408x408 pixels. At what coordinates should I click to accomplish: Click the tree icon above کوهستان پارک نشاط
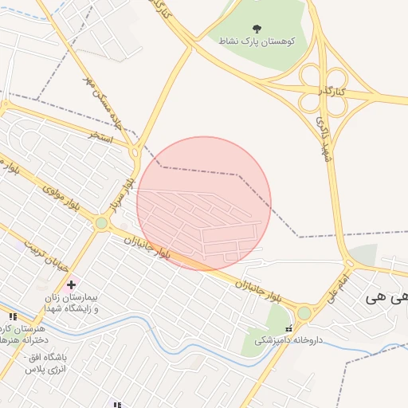pyautogui.click(x=256, y=28)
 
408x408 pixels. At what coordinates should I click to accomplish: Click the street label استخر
pyautogui.click(x=101, y=138)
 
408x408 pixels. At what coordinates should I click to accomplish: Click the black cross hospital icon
pyautogui.click(x=72, y=284)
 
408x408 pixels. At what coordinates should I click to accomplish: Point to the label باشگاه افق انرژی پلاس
pyautogui.click(x=48, y=363)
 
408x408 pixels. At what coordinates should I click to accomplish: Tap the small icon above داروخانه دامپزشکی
pyautogui.click(x=289, y=328)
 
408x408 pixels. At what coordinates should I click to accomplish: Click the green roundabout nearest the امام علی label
pyautogui.click(x=304, y=313)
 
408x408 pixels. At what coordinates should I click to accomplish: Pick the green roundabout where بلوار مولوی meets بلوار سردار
pyautogui.click(x=101, y=223)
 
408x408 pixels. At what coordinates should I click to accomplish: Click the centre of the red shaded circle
pyautogui.click(x=204, y=203)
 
